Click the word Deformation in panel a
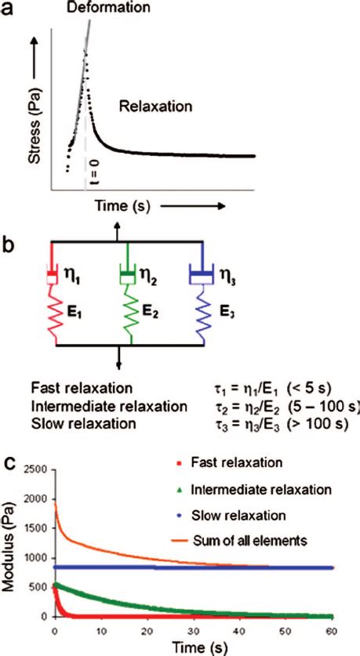108,8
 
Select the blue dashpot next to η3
202,276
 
